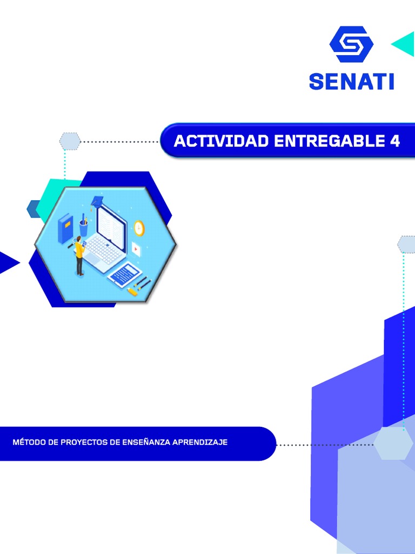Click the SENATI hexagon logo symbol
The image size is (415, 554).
point(351,44)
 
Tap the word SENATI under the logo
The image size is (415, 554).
point(351,81)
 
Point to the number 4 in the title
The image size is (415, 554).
point(395,141)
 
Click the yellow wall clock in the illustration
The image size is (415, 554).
point(139,228)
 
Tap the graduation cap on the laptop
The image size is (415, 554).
point(97,202)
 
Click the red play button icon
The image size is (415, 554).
point(136,249)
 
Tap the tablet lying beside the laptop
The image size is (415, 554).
point(125,274)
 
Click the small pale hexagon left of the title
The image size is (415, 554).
point(70,141)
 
